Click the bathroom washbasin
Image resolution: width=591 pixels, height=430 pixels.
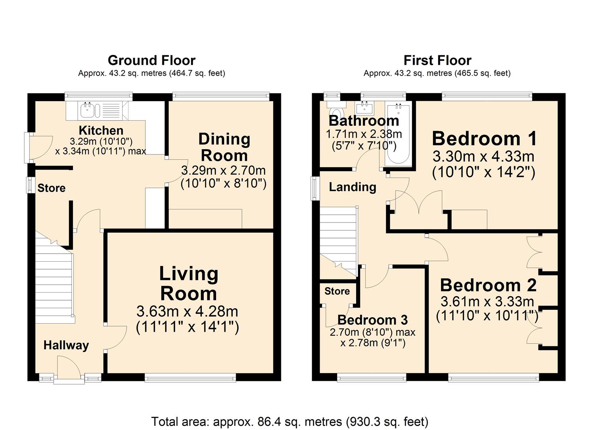tap(365, 107)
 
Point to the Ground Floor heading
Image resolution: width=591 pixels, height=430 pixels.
tap(152, 61)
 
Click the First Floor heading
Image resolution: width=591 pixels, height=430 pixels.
tap(437, 61)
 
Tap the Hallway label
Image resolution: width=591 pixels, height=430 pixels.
tap(66, 346)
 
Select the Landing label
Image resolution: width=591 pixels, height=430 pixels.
tap(353, 187)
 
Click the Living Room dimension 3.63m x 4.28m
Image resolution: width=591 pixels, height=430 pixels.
tap(187, 311)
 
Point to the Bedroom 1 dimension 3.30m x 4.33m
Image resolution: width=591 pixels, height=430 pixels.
tap(484, 156)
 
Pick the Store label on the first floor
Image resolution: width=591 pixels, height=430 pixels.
tap(337, 291)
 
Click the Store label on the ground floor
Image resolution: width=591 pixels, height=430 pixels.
tap(51, 188)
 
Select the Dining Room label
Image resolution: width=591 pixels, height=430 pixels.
tap(224, 147)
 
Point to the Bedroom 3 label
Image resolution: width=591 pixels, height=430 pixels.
tap(373, 320)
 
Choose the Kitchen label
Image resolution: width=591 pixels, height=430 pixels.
tap(101, 131)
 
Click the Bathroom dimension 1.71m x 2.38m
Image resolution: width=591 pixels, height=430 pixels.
tap(364, 134)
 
